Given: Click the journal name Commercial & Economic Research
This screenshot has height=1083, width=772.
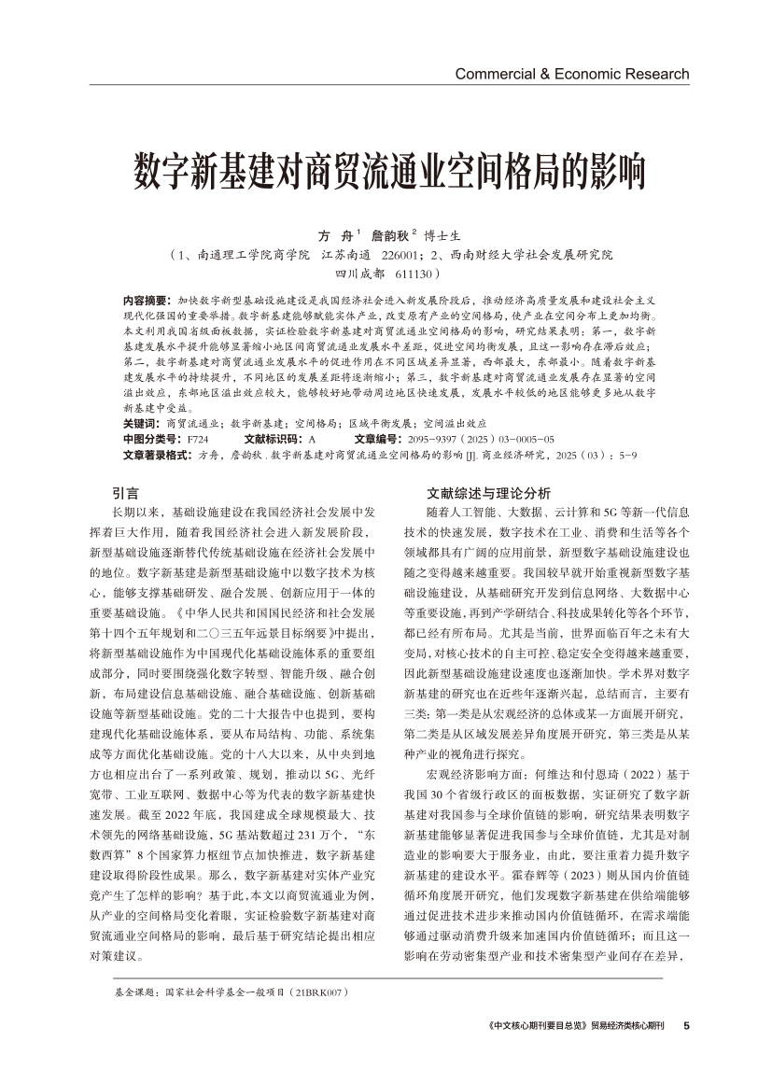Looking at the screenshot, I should click(x=571, y=74).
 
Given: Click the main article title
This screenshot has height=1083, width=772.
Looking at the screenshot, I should click(x=386, y=168).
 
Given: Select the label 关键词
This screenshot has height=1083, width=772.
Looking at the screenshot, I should click(x=141, y=423).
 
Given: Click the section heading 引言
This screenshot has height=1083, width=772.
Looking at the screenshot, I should click(x=125, y=493).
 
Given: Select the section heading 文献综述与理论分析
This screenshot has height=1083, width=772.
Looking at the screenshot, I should click(x=488, y=493).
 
